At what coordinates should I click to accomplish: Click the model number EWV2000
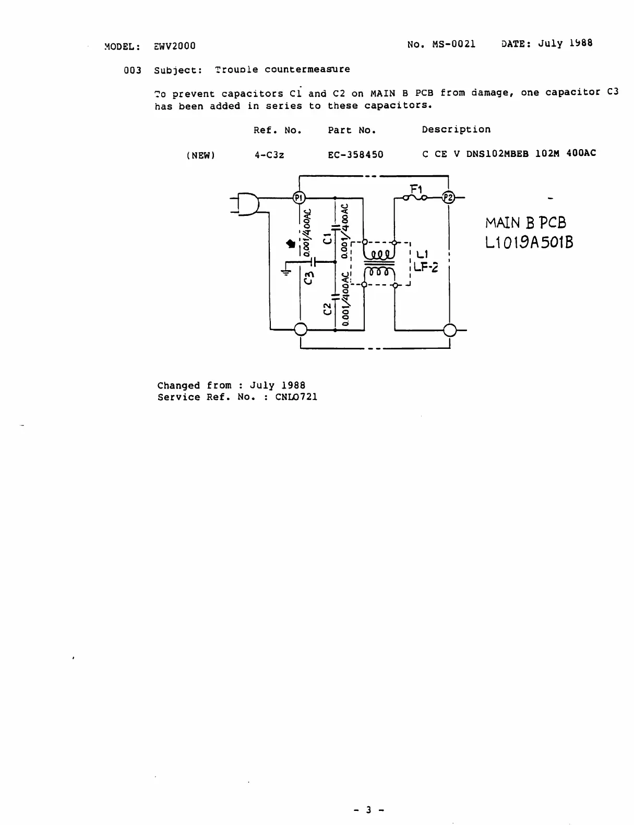175,46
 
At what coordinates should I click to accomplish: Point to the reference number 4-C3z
269,155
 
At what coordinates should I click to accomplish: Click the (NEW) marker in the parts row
200,155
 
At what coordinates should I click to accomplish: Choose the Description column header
456,129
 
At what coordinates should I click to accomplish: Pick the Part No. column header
352,130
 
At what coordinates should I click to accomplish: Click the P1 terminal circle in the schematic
299,198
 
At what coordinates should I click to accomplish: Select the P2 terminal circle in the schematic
448,198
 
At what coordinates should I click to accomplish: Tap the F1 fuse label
416,188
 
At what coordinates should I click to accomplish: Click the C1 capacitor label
327,239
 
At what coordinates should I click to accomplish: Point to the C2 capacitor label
327,309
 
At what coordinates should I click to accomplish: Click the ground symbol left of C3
286,271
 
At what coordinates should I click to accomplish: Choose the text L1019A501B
529,242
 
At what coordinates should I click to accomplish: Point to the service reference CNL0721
296,397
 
